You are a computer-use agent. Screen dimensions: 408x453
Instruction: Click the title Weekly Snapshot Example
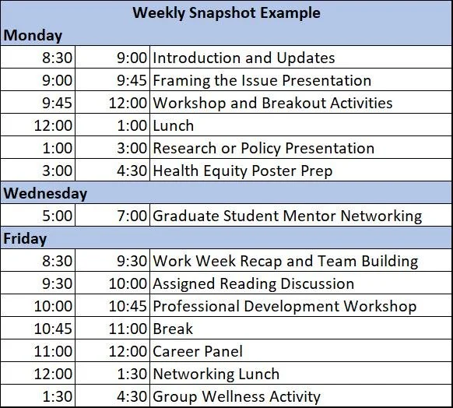(x=226, y=12)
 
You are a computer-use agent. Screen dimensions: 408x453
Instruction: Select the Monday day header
(x=33, y=35)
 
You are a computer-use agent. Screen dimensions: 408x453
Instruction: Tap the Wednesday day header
(x=45, y=193)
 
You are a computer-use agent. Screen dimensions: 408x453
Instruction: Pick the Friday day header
(x=26, y=238)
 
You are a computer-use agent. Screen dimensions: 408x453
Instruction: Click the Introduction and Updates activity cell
(x=244, y=58)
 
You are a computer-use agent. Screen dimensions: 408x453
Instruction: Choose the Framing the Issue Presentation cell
(x=262, y=80)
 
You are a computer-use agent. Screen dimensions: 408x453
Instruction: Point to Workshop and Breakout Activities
(x=272, y=103)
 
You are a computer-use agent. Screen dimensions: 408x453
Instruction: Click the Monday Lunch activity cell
(x=174, y=125)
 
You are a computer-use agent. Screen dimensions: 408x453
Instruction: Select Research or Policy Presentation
(x=263, y=148)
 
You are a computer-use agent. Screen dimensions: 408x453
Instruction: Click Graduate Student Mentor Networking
(x=287, y=216)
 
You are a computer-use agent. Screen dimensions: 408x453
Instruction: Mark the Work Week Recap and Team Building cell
(x=285, y=261)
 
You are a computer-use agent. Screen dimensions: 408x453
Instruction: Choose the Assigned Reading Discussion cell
(x=253, y=283)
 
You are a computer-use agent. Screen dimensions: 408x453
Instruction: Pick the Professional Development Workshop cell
(x=284, y=306)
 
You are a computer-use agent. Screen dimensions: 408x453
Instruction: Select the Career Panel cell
(x=198, y=351)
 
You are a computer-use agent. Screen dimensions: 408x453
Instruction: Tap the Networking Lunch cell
(x=216, y=374)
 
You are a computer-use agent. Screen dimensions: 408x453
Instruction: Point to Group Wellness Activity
(x=236, y=396)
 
